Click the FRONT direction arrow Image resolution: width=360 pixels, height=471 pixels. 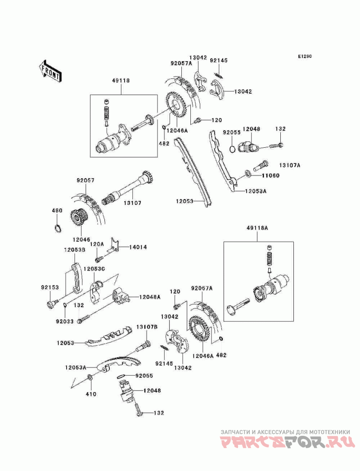pyautogui.click(x=50, y=71)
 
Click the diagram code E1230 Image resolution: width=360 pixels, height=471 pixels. pyautogui.click(x=305, y=57)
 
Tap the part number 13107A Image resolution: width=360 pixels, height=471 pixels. pyautogui.click(x=289, y=165)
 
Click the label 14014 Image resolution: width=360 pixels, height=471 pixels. pyautogui.click(x=138, y=247)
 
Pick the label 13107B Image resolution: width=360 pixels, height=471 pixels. pyautogui.click(x=147, y=327)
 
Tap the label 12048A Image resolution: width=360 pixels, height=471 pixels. pyautogui.click(x=150, y=297)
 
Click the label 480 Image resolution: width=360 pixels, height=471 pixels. pyautogui.click(x=57, y=210)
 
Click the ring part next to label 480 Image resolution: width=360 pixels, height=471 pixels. pyautogui.click(x=58, y=227)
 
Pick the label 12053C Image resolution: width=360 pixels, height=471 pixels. pyautogui.click(x=95, y=269)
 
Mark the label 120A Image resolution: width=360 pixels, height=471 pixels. pyautogui.click(x=97, y=244)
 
